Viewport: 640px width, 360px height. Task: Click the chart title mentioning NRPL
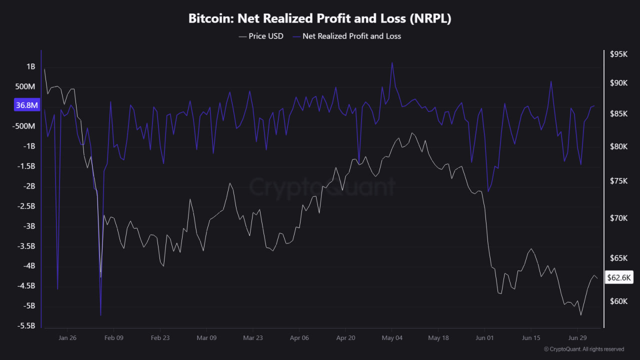pyautogui.click(x=319, y=18)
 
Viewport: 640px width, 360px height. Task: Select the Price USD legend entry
pyautogui.click(x=261, y=36)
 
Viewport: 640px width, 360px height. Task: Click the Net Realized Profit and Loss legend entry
pyautogui.click(x=347, y=36)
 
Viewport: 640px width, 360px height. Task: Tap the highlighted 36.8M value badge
pyautogui.click(x=27, y=105)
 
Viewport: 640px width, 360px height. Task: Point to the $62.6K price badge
pyautogui.click(x=619, y=277)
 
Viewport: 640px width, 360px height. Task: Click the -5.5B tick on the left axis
pyautogui.click(x=26, y=325)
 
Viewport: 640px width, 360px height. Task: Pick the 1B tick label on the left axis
pyautogui.click(x=31, y=66)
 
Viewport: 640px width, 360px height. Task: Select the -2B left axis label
pyautogui.click(x=29, y=186)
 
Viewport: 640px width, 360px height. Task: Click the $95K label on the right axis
pyautogui.click(x=618, y=54)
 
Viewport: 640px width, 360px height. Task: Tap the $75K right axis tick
pyautogui.click(x=618, y=181)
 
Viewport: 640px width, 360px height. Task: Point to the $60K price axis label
pyautogui.click(x=618, y=301)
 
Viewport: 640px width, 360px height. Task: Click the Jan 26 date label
pyautogui.click(x=67, y=337)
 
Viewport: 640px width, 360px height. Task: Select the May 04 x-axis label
pyautogui.click(x=392, y=337)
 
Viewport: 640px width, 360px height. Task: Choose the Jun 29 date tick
pyautogui.click(x=577, y=337)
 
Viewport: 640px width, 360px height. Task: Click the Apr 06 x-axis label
pyautogui.click(x=299, y=337)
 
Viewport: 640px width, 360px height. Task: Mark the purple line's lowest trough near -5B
pyautogui.click(x=101, y=315)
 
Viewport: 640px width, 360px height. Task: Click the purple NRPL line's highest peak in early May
pyautogui.click(x=392, y=62)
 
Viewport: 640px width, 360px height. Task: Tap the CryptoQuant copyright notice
pyautogui.click(x=583, y=349)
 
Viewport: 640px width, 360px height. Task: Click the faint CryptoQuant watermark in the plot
pyautogui.click(x=322, y=187)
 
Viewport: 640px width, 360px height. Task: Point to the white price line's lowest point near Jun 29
pyautogui.click(x=581, y=315)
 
